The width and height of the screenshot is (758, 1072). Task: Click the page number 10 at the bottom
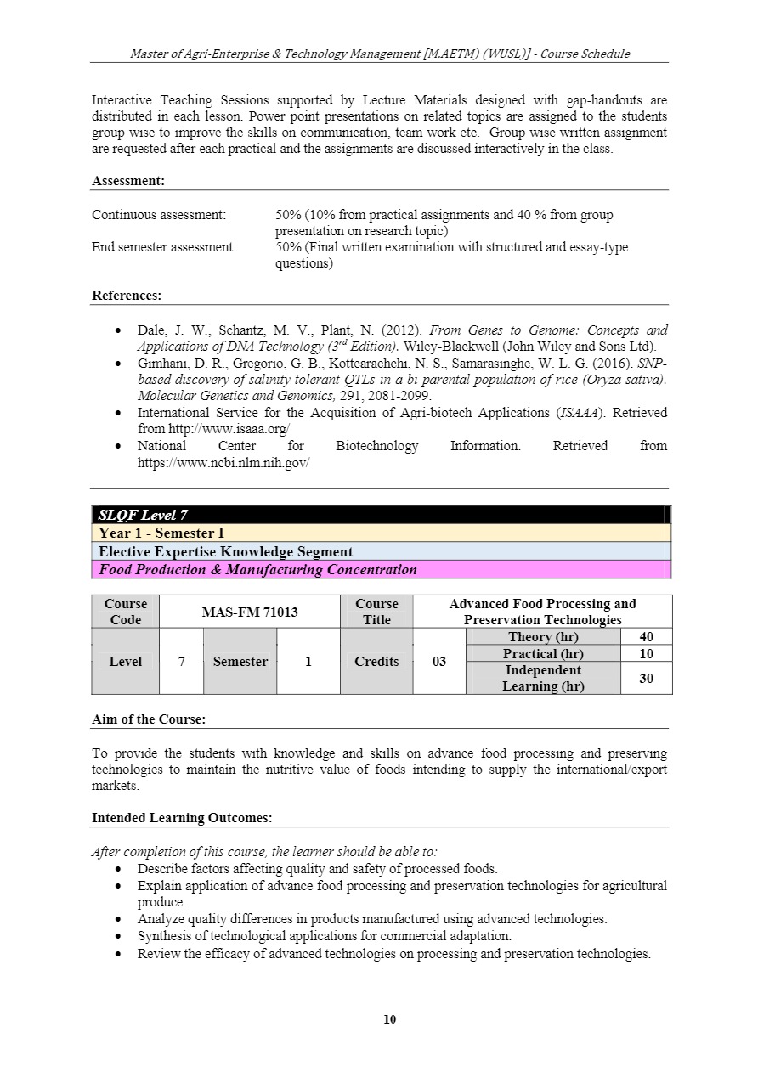pos(390,1019)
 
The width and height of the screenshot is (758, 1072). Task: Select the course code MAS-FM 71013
pos(250,612)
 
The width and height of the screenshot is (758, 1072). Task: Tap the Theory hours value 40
pos(646,637)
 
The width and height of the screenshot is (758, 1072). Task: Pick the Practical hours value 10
pos(646,653)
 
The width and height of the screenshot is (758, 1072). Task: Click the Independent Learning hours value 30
pos(646,678)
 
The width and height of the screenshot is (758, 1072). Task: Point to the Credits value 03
pos(439,662)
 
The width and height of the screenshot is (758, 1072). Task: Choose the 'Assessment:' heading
pos(128,181)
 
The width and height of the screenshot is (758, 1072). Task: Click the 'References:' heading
pos(127,296)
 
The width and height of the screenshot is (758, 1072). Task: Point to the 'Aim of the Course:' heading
pos(148,719)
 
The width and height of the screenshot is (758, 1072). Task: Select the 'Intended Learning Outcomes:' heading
pos(182,818)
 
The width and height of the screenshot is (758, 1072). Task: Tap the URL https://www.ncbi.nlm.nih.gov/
pos(223,463)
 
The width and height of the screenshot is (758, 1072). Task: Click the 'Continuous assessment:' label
pos(159,215)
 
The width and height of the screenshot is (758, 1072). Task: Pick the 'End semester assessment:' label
pos(164,247)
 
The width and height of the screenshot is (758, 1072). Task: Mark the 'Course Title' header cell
pos(376,612)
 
